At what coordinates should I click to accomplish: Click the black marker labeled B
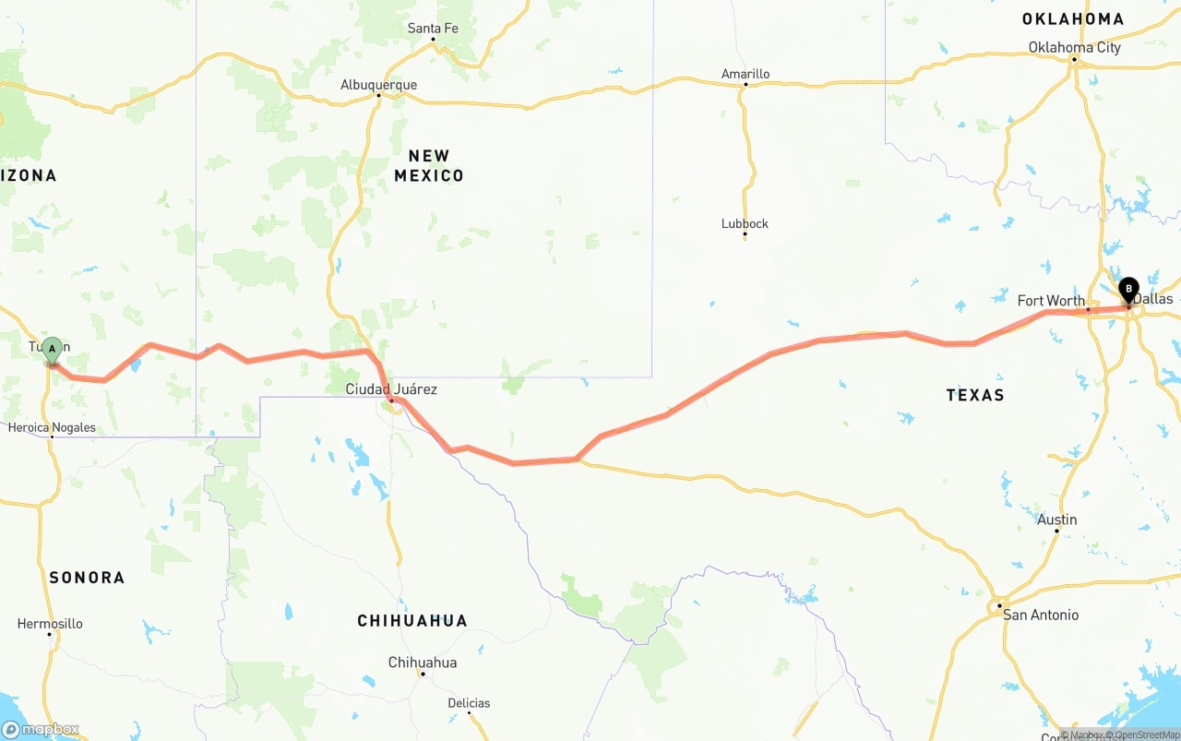[x=1128, y=290]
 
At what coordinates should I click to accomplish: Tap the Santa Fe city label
[x=433, y=29]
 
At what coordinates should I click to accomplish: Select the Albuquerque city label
[x=378, y=85]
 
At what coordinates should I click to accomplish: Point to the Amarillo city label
[x=746, y=74]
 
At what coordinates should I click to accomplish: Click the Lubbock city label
[x=745, y=223]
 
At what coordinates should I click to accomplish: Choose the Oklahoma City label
[x=1074, y=47]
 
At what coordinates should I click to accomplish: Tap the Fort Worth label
[x=1051, y=301]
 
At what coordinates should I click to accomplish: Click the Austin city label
[x=1056, y=520]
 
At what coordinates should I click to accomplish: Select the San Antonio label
[x=1041, y=615]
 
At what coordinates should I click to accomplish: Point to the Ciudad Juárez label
[x=391, y=389]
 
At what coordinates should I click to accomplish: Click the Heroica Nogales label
[x=52, y=427]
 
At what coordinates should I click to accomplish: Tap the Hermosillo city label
[x=50, y=624]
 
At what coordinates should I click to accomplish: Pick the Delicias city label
[x=469, y=703]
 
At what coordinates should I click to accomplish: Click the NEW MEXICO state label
[x=429, y=166]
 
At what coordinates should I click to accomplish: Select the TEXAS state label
[x=975, y=395]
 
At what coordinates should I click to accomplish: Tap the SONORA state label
[x=87, y=578]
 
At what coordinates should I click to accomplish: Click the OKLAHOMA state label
[x=1073, y=18]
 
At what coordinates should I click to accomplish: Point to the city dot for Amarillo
[x=746, y=85]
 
